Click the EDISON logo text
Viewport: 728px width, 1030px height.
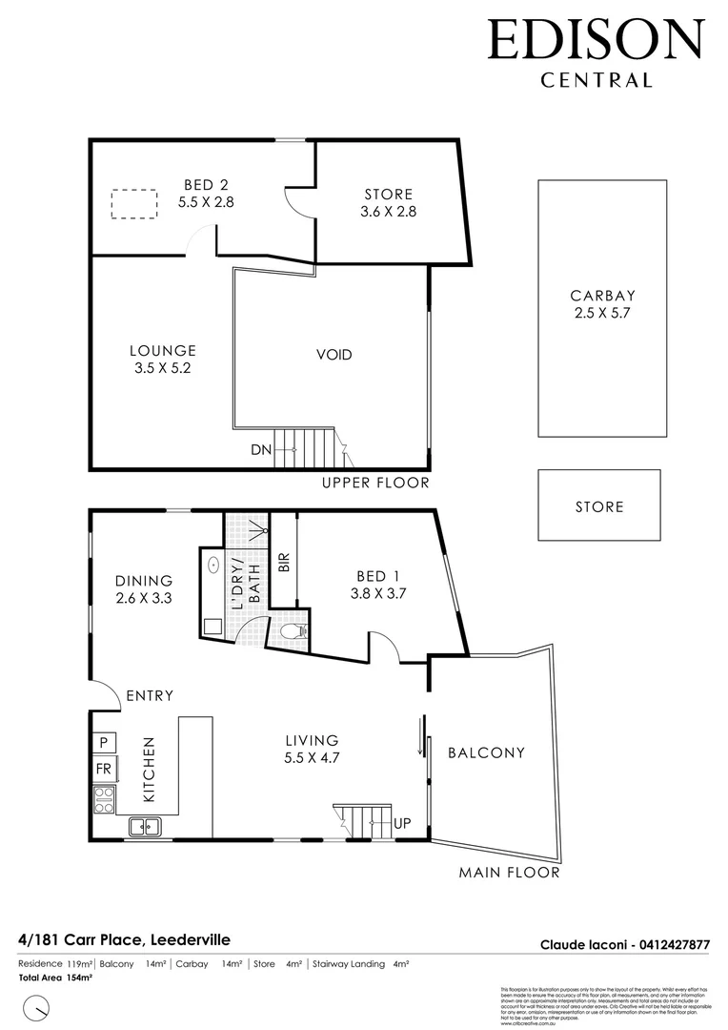596,41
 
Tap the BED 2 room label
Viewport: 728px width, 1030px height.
205,185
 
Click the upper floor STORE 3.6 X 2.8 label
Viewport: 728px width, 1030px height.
389,202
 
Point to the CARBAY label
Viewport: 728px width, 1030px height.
602,296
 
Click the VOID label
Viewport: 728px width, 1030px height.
334,355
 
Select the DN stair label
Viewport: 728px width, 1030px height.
260,449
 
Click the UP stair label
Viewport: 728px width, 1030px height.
401,821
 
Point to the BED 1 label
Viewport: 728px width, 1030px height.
377,576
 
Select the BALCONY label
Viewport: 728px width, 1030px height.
486,752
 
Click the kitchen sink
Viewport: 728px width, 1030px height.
145,826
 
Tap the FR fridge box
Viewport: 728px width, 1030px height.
103,768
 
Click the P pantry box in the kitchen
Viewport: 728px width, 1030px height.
103,742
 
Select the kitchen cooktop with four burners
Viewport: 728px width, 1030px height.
104,799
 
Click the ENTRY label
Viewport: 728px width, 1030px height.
149,695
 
